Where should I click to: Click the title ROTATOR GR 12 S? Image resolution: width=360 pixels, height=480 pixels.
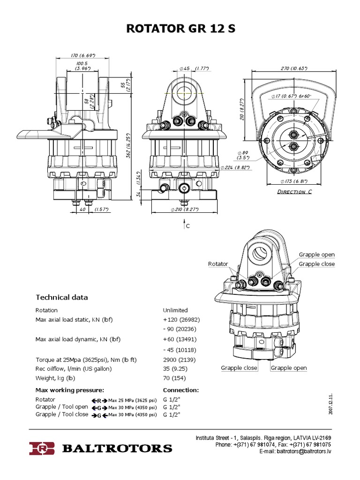click(180, 29)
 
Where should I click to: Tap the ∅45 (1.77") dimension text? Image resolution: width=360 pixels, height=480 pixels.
click(193, 68)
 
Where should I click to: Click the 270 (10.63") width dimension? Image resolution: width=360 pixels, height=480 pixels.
click(294, 68)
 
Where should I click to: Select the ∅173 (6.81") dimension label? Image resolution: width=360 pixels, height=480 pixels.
click(294, 180)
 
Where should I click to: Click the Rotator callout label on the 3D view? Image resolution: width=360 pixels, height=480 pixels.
click(217, 264)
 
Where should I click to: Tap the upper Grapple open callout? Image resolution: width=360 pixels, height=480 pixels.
click(317, 255)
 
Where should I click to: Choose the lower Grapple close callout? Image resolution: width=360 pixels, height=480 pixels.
click(239, 368)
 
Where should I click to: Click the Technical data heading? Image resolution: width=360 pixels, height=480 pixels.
click(62, 297)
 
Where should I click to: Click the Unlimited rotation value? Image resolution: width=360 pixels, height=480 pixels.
click(175, 310)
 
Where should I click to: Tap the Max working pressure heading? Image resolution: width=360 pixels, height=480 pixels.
click(70, 390)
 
